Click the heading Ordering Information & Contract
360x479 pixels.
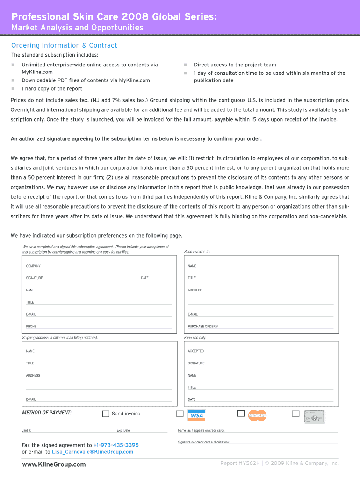[64, 45]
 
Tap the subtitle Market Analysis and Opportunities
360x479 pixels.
[77, 28]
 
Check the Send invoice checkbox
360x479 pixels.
[106, 414]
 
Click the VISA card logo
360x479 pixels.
[197, 415]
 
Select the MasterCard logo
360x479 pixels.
[257, 415]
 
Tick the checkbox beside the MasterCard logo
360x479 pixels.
[240, 414]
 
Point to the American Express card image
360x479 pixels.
[315, 416]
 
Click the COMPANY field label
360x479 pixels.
[33, 266]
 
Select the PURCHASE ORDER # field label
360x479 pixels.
[203, 327]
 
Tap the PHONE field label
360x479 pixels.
[31, 327]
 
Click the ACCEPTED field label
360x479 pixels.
[196, 351]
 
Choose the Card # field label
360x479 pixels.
[26, 430]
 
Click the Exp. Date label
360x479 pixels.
[123, 430]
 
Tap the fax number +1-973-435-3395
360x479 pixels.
[116, 445]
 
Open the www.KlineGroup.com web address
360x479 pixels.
[54, 464]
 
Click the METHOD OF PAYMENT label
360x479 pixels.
[47, 413]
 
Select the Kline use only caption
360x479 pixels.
[195, 338]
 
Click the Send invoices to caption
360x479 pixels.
[197, 252]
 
